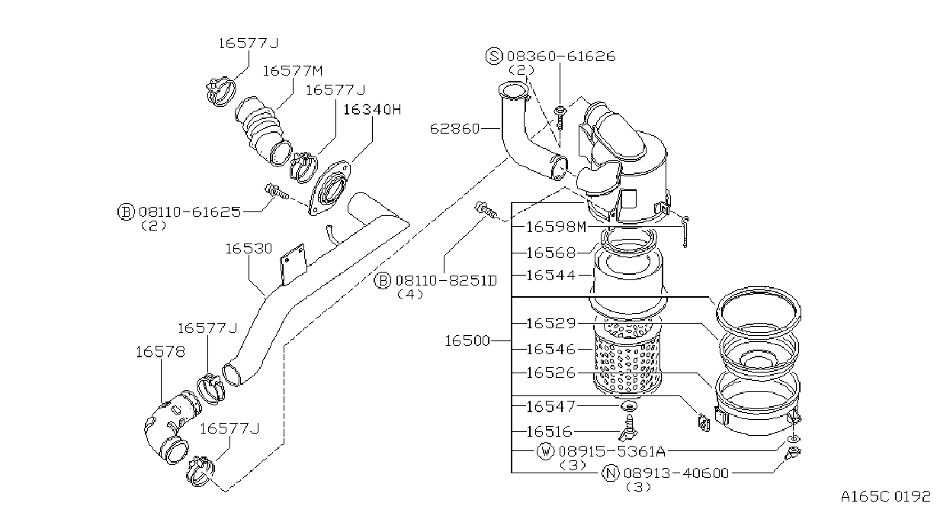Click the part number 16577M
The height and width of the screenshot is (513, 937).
(293, 70)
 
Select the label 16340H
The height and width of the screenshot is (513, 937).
(372, 109)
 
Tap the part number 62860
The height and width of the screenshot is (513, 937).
(454, 128)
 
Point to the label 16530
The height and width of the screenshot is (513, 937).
(249, 248)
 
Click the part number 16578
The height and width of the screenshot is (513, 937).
(160, 351)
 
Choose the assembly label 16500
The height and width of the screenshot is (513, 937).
(467, 340)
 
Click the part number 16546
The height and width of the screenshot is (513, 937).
(550, 349)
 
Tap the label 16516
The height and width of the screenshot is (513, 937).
(549, 431)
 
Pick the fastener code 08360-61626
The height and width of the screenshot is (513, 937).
(561, 56)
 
